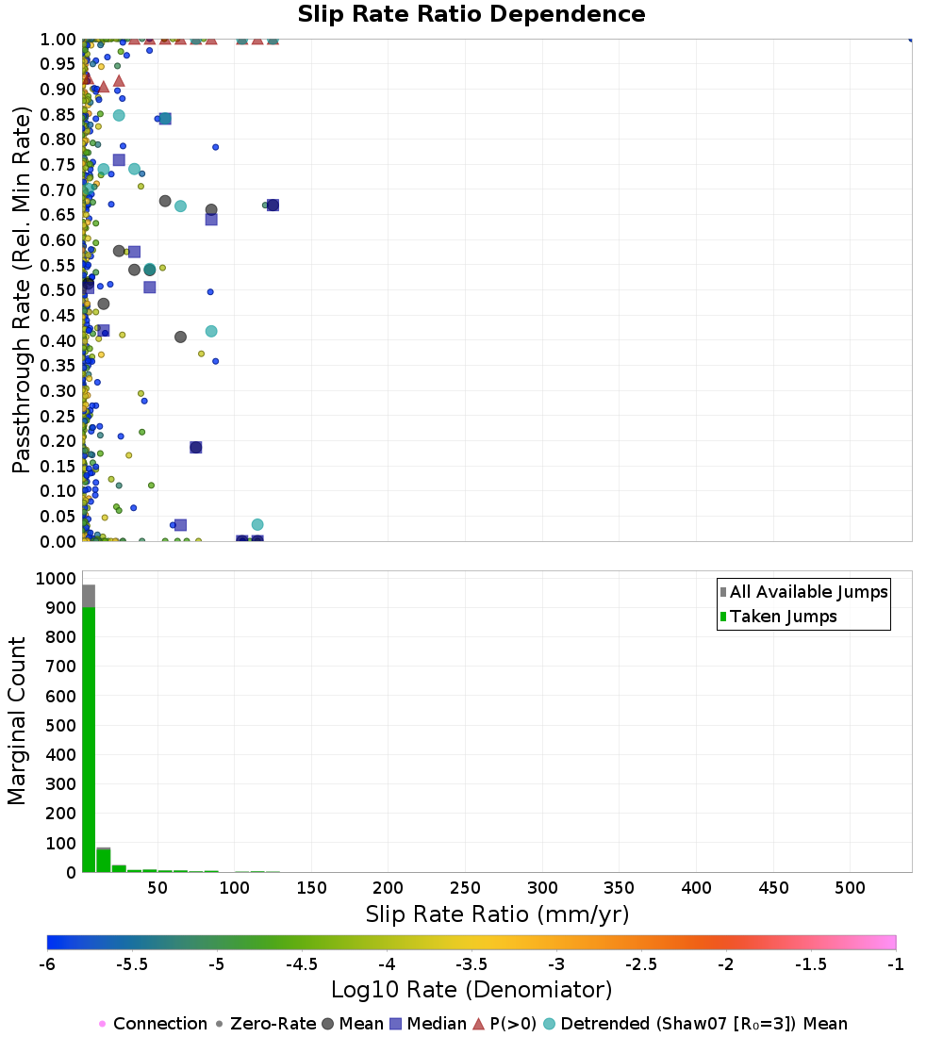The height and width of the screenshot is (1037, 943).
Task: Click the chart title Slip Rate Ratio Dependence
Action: (471, 15)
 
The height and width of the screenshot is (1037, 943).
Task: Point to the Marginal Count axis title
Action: (17, 721)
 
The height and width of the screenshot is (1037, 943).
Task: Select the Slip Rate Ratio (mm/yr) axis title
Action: (497, 914)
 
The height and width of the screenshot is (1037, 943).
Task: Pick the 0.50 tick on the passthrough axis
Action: (58, 289)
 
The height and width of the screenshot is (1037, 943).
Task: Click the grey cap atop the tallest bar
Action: (89, 596)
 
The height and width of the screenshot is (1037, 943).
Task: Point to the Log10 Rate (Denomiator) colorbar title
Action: (471, 990)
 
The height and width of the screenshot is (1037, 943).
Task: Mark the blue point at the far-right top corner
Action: (911, 39)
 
